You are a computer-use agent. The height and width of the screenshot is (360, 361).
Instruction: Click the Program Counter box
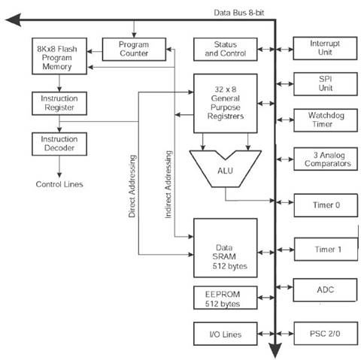134,49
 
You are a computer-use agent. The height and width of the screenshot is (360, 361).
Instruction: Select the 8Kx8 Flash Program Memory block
59,56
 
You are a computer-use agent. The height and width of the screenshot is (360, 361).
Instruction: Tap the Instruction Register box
59,103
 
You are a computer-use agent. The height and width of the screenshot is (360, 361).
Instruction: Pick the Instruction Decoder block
59,144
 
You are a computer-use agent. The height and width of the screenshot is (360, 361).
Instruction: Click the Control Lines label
59,184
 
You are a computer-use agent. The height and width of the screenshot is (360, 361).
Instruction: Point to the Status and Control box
226,49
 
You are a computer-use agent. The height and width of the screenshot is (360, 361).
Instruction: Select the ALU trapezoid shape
226,168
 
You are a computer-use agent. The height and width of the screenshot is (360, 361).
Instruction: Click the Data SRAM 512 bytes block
226,248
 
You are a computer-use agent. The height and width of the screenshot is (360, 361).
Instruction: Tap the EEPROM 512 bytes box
226,298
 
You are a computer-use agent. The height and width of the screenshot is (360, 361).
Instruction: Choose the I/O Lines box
226,334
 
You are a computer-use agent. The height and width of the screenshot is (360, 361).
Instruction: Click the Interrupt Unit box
325,48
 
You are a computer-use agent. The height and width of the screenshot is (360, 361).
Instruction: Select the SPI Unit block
326,84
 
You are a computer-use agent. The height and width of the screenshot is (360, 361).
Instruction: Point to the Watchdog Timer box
326,120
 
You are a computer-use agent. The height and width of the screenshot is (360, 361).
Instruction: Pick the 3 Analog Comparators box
326,159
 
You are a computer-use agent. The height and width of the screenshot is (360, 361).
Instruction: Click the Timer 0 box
326,205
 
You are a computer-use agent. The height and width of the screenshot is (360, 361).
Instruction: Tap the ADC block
325,290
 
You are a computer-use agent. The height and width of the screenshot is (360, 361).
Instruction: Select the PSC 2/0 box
326,334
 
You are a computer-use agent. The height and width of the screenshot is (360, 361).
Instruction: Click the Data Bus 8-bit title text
239,13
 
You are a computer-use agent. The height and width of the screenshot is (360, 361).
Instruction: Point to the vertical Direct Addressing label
132,186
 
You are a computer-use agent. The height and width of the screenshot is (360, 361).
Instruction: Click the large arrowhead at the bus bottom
275,350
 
